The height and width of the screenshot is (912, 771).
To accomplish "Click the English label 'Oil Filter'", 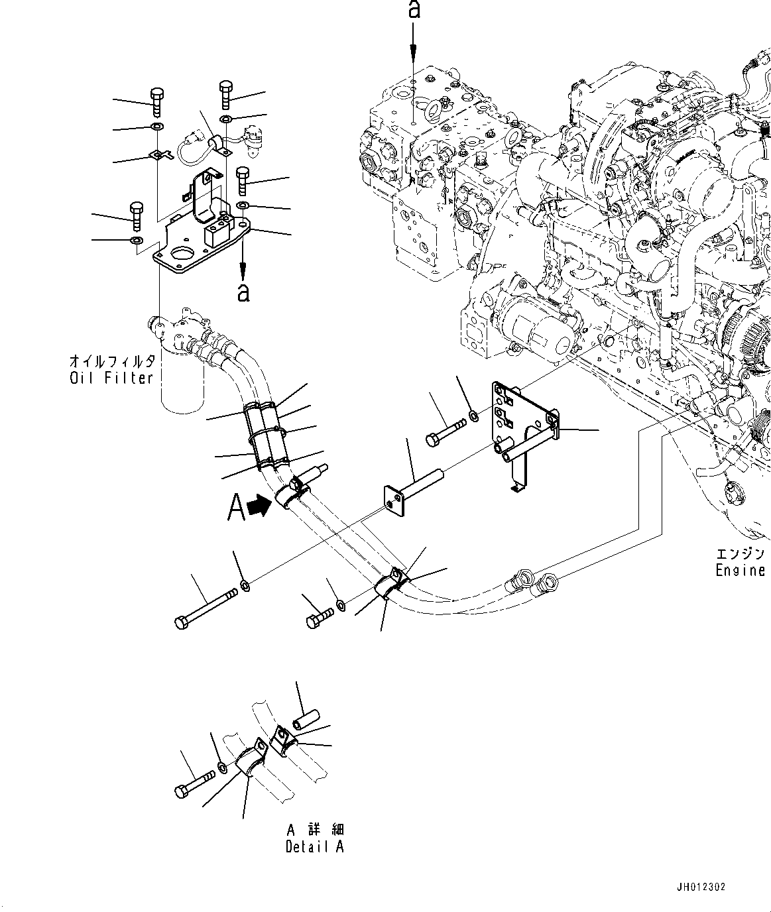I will point(111,378).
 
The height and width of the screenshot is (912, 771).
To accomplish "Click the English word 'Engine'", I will point(740,570).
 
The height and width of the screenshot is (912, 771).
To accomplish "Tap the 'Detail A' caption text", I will point(314,846).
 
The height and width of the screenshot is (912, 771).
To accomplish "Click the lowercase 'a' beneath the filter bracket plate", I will point(243,292).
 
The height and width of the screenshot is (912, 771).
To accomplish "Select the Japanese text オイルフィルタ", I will point(112,361).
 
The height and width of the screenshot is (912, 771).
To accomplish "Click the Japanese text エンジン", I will point(740,553).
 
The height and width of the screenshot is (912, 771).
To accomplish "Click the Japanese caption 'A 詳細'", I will point(315,829).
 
